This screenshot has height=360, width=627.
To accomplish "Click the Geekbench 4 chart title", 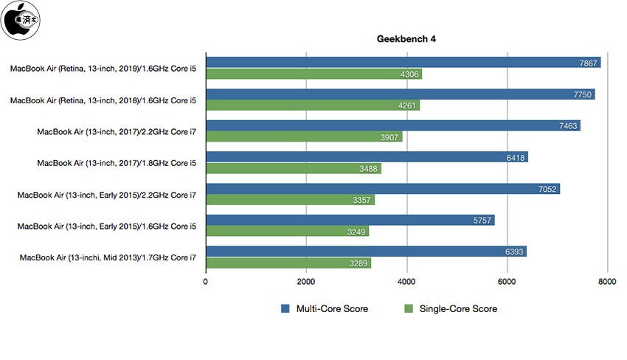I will pos(407,38).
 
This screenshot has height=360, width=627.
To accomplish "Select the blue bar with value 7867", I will pos(403,63).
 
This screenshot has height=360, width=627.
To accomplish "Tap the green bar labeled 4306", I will pos(313,75).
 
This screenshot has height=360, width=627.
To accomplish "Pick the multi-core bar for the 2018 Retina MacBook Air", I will pos(400,94).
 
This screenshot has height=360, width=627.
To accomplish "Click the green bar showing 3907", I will pos(304,137).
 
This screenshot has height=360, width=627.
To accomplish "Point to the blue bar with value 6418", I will pos(367,157).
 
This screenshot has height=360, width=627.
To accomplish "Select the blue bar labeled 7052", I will pos(382,189).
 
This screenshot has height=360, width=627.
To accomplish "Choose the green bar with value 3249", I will pos(287,232).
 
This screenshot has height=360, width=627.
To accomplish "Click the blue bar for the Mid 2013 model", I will pos(366,252).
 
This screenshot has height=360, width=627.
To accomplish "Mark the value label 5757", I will pos(482,221).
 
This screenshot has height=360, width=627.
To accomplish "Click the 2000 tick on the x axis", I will pos(305,281).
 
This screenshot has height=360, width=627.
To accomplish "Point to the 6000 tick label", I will pos(506,281).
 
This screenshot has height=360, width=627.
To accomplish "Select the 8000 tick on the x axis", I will pos(606,281).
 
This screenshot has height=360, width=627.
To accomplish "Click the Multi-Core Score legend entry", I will pos(324,309).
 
